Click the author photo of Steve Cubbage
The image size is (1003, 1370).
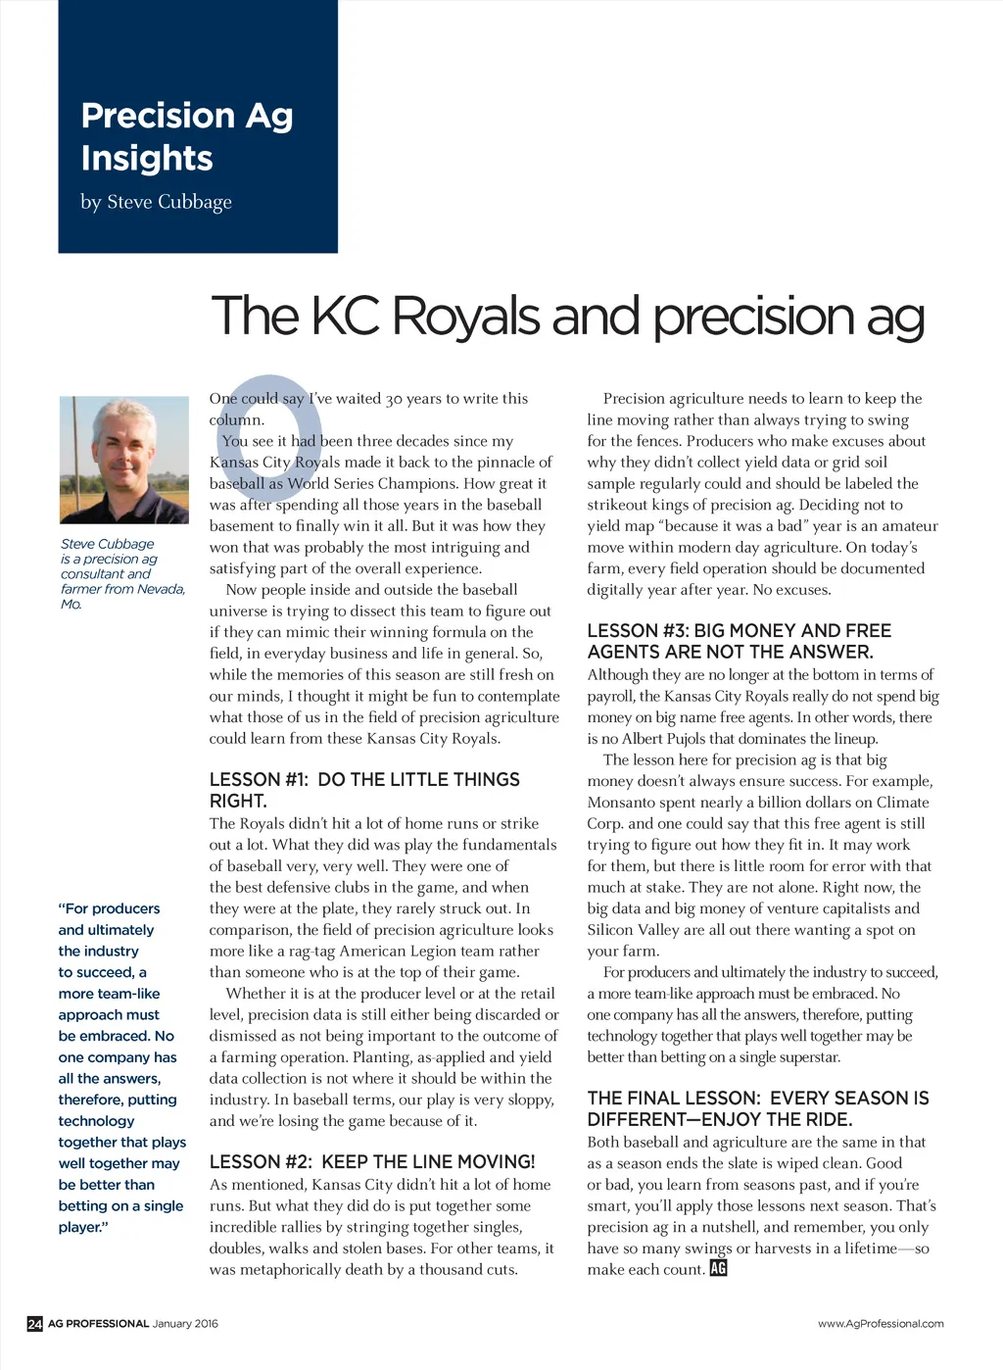click(123, 459)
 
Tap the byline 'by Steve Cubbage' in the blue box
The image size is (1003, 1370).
click(156, 202)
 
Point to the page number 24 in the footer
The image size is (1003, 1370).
click(34, 1324)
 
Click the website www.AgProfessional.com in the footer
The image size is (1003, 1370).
click(881, 1324)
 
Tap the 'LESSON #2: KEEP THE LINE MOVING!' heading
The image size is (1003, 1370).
click(372, 1162)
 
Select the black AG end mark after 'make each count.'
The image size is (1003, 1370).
click(718, 1269)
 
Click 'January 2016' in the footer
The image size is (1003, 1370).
click(185, 1324)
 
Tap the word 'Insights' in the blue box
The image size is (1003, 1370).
click(147, 158)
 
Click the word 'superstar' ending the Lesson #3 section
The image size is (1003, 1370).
click(807, 1057)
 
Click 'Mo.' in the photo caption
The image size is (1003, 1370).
click(72, 605)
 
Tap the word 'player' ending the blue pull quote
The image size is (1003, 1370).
click(81, 1228)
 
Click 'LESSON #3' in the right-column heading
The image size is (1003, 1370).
click(637, 631)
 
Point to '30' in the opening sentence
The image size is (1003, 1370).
click(394, 399)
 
